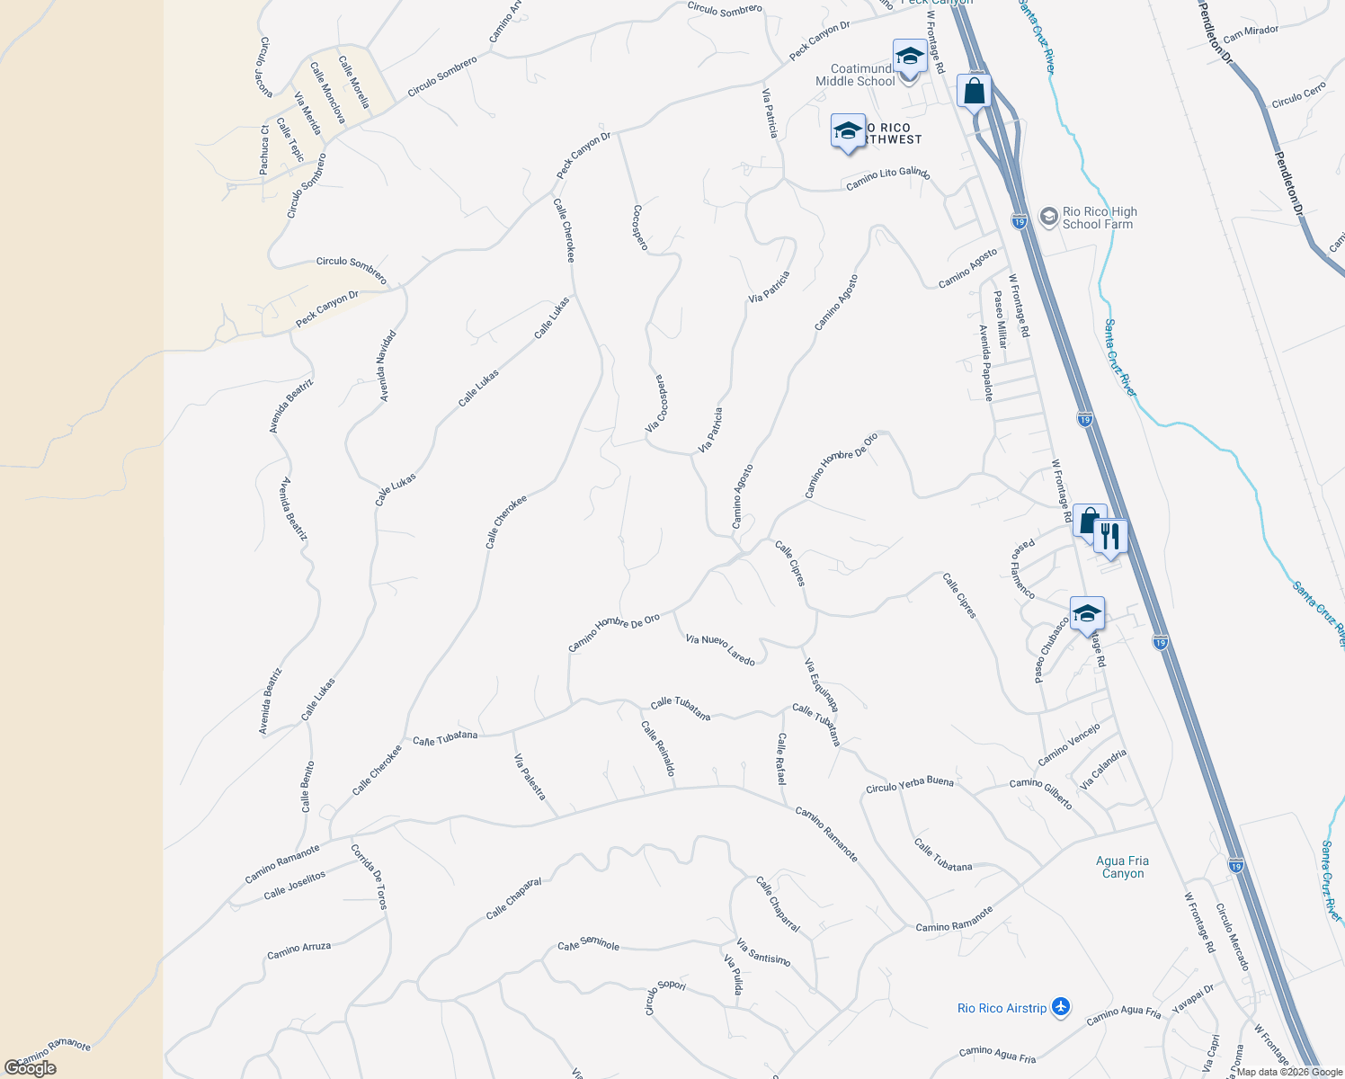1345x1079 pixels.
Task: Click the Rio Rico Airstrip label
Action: coord(1002,1008)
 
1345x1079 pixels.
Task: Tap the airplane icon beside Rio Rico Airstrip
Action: coord(1061,1007)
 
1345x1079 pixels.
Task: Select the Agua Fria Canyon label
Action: coord(1123,867)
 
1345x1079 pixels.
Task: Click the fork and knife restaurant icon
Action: coord(1110,537)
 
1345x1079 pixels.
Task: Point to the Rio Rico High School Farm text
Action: coord(1099,218)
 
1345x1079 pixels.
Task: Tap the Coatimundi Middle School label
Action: coord(855,75)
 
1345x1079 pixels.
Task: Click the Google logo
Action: coord(31,1067)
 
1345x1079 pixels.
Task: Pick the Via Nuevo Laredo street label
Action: coord(720,649)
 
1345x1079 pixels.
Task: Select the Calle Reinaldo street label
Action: coord(658,748)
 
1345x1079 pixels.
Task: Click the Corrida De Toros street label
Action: coord(369,876)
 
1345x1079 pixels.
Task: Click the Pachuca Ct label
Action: coord(264,149)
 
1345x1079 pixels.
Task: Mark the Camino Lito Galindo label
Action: coord(887,179)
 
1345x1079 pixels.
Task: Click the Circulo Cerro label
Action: coord(1298,97)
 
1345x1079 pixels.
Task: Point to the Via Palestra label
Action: coord(530,777)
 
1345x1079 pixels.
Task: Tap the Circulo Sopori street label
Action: coord(665,997)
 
